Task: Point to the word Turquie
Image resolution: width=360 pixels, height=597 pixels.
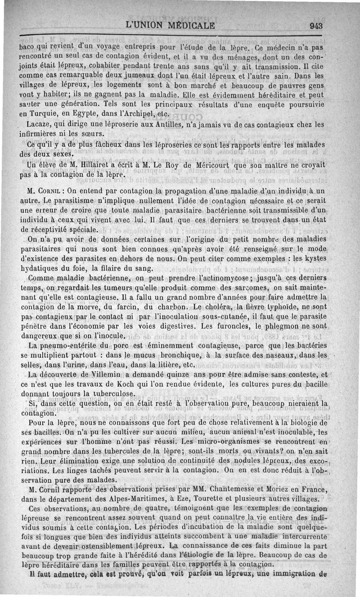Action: click(41, 114)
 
